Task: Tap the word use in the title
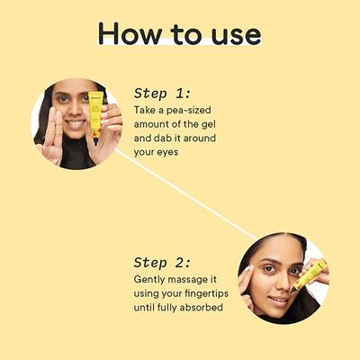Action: (236, 36)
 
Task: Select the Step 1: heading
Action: (162, 94)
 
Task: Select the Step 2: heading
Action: (162, 263)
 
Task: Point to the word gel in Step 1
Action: (208, 124)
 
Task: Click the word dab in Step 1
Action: (169, 139)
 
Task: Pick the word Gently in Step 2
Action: (149, 280)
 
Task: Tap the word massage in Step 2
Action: (184, 280)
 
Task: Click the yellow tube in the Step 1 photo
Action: (95, 115)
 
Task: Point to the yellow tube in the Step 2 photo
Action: (309, 275)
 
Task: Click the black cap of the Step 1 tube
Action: (95, 142)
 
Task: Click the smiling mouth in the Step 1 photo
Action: (76, 123)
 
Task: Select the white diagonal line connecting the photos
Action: (186, 194)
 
